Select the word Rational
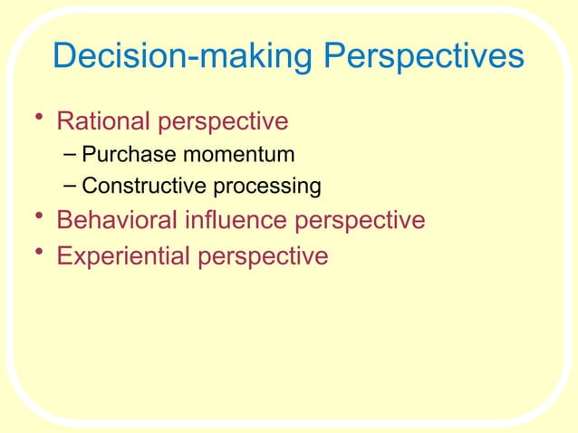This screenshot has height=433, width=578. pyautogui.click(x=104, y=121)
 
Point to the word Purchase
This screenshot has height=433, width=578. pyautogui.click(x=125, y=155)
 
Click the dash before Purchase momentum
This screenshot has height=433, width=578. pyautogui.click(x=71, y=154)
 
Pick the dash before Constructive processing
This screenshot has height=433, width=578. pyautogui.click(x=71, y=187)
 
